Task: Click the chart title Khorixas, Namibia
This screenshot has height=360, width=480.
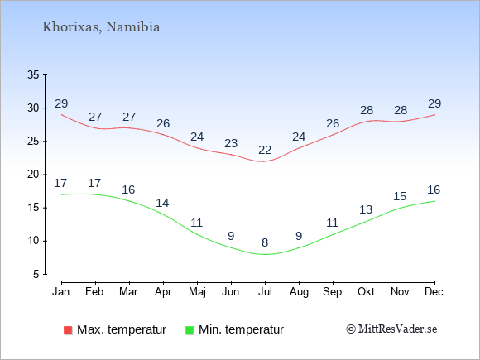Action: point(101,27)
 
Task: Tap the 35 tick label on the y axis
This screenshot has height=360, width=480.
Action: point(33,74)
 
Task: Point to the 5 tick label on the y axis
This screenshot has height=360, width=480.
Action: point(36,274)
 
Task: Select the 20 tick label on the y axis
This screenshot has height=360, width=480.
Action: point(33,175)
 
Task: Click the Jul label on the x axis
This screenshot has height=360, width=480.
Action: point(265,292)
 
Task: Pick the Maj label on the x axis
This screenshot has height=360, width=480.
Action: point(197,292)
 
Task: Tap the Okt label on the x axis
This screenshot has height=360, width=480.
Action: point(367,292)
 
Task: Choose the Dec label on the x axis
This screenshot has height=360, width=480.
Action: point(434,292)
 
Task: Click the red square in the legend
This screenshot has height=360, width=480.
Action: point(68,330)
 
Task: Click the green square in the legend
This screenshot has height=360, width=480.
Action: point(190,330)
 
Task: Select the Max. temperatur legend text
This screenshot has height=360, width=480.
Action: point(122,329)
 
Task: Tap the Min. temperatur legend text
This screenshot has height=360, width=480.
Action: point(241,329)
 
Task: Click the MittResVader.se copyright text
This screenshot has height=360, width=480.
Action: point(391,329)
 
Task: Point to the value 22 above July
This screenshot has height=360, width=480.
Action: point(265,150)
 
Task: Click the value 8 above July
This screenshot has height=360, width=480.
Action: point(265,242)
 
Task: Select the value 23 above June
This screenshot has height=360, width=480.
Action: point(231,143)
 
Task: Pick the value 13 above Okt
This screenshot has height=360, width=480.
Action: point(366,209)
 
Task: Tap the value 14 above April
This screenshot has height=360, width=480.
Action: point(162,203)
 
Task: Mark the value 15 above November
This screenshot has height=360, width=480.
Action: point(400,196)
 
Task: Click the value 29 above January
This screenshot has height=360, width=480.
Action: point(61,103)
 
